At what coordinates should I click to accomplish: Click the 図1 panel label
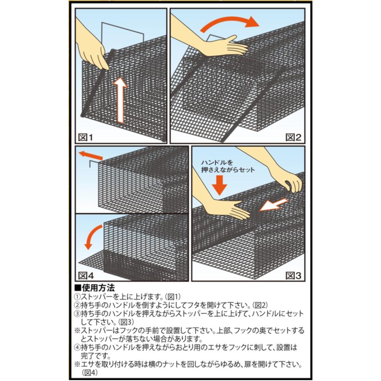[85, 137]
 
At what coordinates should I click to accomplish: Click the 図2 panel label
[293, 137]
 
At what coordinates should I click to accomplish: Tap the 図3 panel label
[293, 276]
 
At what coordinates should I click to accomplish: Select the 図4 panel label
[86, 276]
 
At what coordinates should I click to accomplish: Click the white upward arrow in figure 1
[121, 100]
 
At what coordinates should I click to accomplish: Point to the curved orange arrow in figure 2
[229, 20]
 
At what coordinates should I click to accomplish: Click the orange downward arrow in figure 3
[219, 185]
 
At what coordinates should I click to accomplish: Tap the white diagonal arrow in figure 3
[274, 205]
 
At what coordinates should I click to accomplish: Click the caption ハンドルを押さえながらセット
[228, 166]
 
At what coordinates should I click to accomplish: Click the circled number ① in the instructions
[77, 297]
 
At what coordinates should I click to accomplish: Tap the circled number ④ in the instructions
[77, 348]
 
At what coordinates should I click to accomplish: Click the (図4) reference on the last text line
[89, 373]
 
